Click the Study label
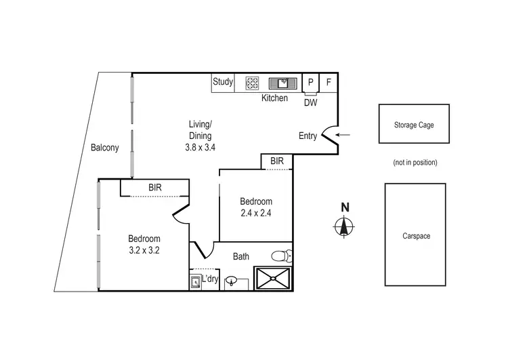point(223,82)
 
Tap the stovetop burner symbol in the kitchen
point(253,83)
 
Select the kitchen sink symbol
point(282,83)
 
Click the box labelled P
point(310,82)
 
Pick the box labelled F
point(329,82)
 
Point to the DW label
point(310,102)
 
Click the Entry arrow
point(343,135)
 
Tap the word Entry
point(308,136)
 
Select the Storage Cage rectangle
point(413,124)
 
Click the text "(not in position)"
point(415,163)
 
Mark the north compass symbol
point(344,226)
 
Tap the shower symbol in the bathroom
point(272,279)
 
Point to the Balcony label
point(105,148)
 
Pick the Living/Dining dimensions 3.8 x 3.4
point(200,146)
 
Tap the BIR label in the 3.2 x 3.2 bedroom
point(154,187)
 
